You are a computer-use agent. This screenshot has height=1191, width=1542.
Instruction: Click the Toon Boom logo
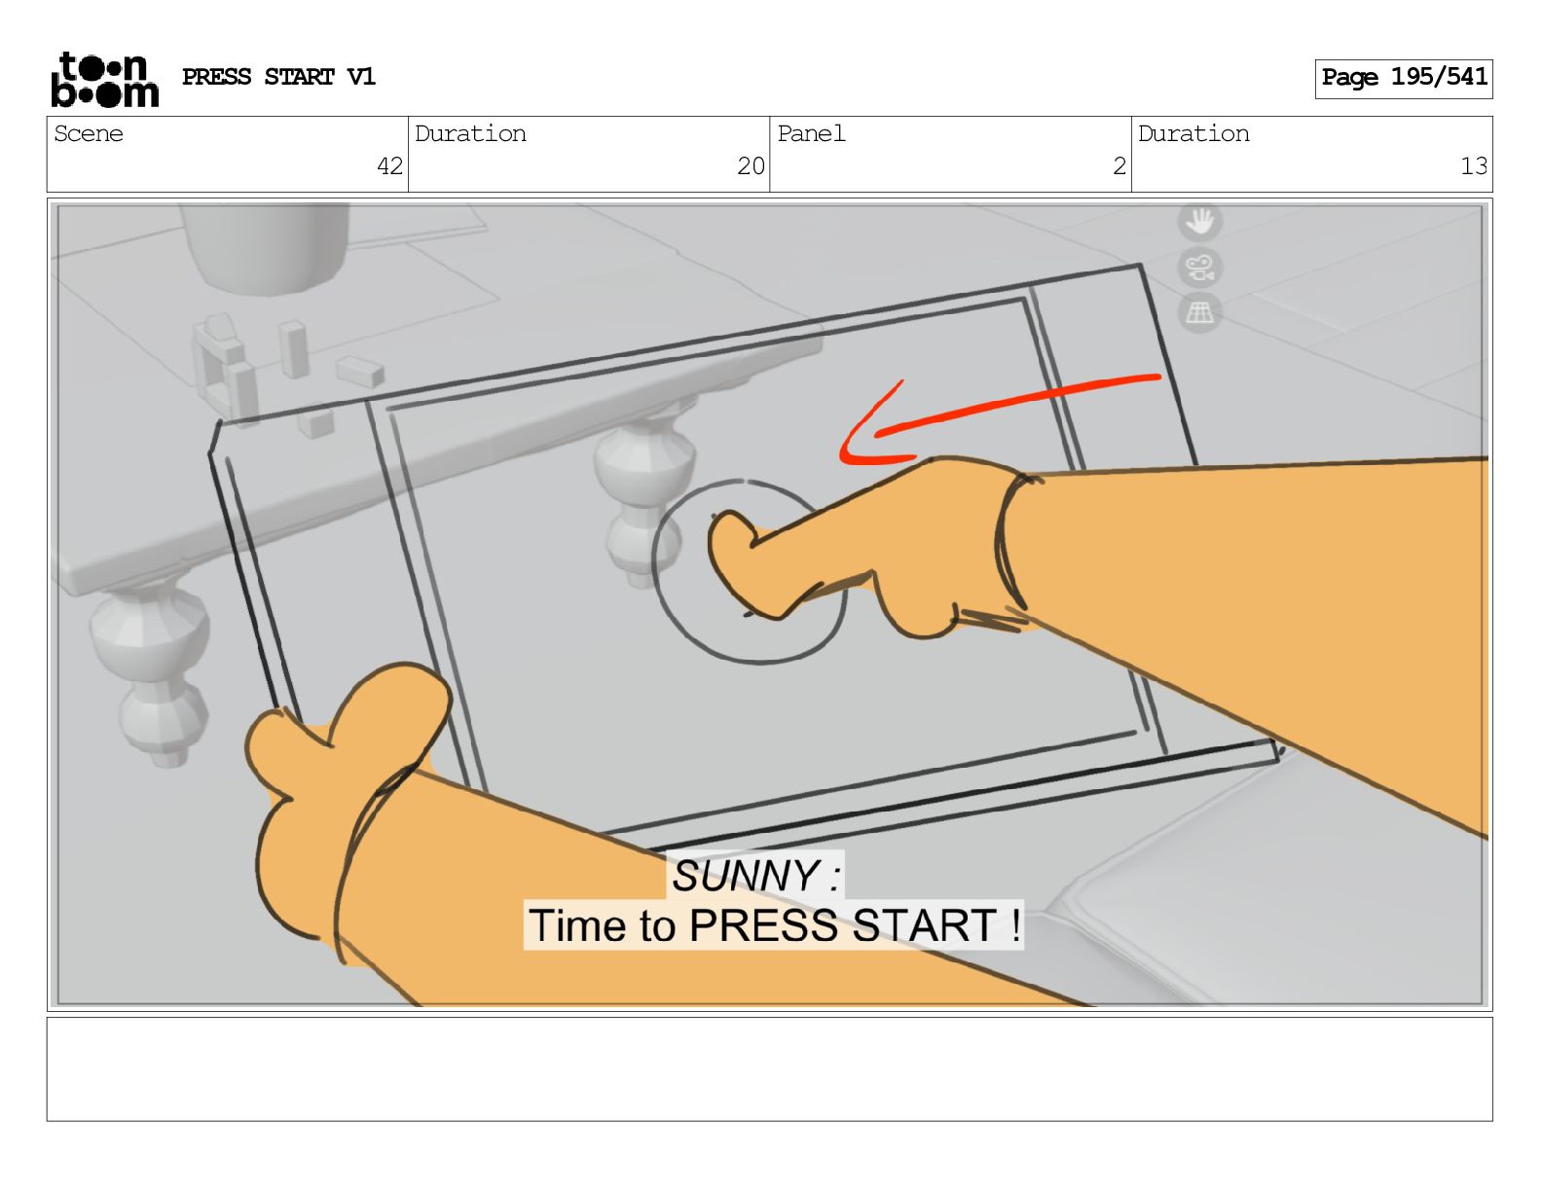[105, 80]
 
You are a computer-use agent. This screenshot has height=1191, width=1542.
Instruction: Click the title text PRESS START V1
[278, 77]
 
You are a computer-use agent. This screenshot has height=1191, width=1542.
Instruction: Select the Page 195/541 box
[1403, 79]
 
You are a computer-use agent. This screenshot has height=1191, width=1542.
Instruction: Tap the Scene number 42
[389, 166]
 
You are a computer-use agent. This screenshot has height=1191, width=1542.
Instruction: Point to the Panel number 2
[1120, 166]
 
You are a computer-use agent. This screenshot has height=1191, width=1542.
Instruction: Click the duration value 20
[751, 166]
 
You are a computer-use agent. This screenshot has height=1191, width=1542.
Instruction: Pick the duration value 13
[1474, 166]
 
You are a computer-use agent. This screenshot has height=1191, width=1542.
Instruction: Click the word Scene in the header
[89, 133]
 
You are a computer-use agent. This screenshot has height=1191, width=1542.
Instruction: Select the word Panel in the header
[811, 133]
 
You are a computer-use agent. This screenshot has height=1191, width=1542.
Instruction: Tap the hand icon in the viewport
[1200, 221]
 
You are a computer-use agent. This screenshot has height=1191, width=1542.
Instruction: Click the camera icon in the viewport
[1200, 269]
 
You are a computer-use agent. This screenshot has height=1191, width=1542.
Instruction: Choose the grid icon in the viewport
[1200, 312]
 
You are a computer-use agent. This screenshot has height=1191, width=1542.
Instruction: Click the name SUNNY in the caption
[746, 876]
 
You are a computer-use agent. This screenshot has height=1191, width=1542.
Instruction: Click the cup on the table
[266, 247]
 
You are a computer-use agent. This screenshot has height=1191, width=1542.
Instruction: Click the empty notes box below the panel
[770, 1069]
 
